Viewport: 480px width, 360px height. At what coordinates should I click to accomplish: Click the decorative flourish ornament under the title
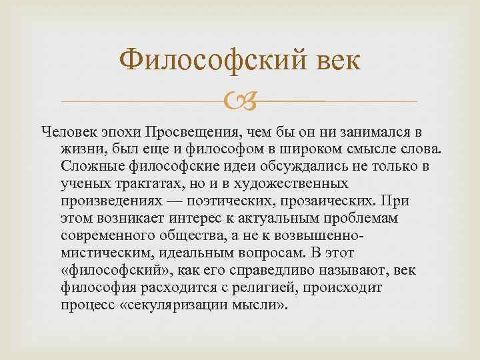239,101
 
